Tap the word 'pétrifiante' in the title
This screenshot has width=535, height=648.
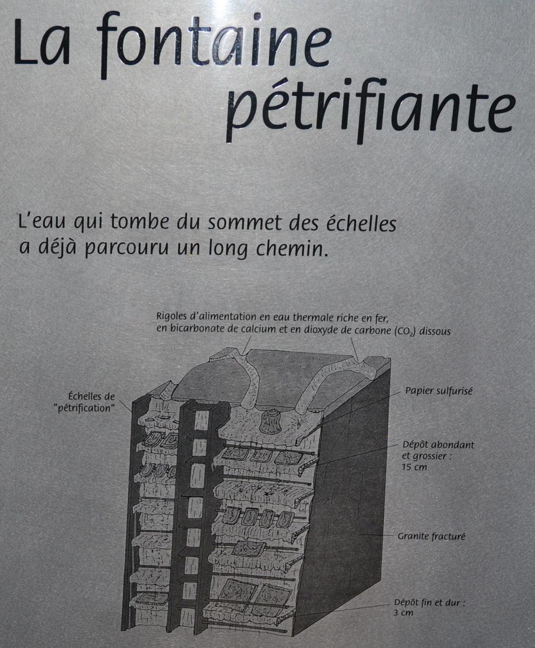(370, 111)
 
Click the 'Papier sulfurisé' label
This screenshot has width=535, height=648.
(439, 391)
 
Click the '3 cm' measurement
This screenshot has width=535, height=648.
(403, 612)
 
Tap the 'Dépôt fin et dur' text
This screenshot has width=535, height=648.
(430, 603)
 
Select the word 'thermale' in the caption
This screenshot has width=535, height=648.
(311, 317)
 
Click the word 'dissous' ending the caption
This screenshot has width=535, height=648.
(435, 331)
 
